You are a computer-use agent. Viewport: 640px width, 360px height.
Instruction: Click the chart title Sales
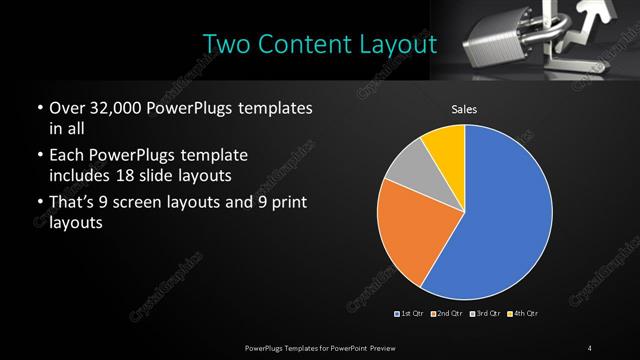pos(464,109)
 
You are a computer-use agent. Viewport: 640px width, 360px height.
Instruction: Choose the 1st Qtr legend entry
pos(411,315)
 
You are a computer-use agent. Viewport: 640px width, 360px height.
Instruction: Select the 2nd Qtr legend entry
pos(447,315)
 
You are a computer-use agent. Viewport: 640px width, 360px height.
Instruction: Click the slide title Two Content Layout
pos(319,44)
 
